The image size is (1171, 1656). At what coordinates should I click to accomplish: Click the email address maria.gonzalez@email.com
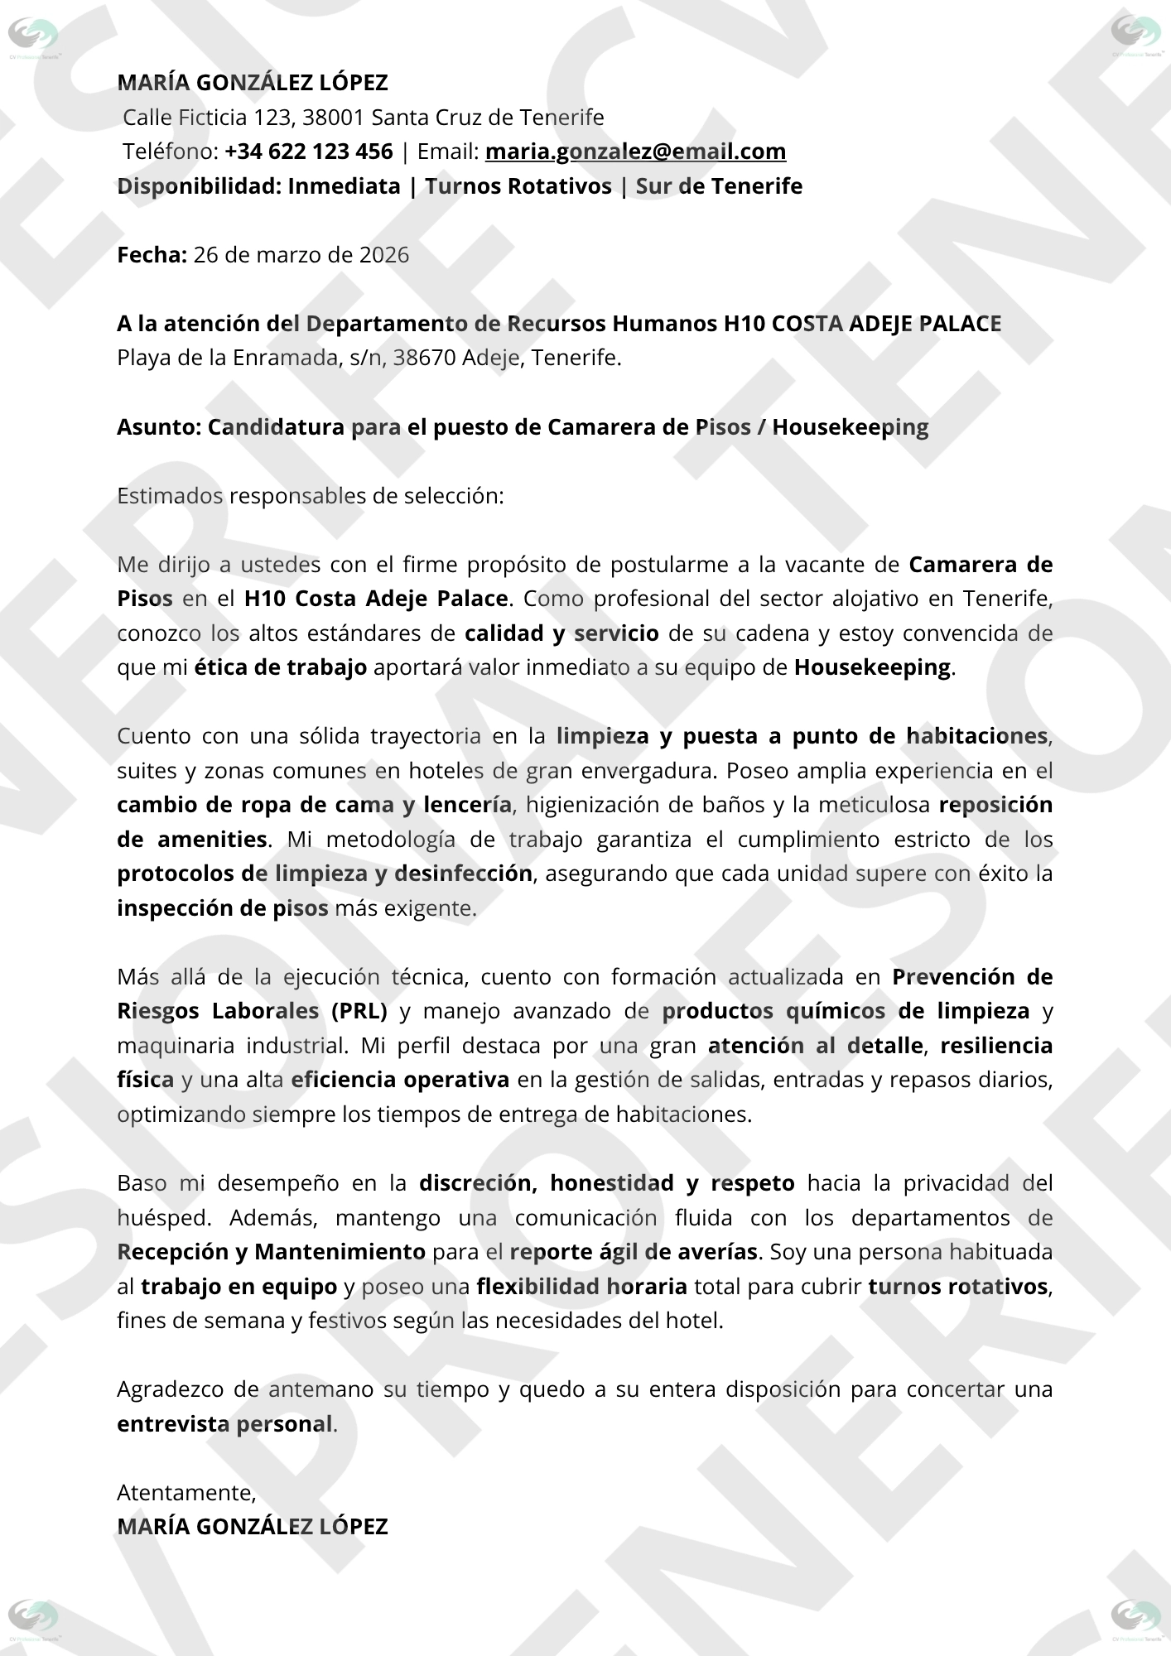pyautogui.click(x=635, y=152)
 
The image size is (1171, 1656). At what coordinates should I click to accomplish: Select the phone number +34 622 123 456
pyautogui.click(x=308, y=152)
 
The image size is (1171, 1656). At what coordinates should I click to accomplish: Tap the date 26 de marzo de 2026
pyautogui.click(x=301, y=254)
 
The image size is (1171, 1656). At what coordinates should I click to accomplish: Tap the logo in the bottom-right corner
pyautogui.click(x=1135, y=1619)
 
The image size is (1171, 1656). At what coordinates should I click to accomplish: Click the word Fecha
pyautogui.click(x=152, y=254)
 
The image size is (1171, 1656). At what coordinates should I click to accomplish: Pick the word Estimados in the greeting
pyautogui.click(x=170, y=496)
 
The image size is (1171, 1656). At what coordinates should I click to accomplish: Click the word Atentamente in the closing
pyautogui.click(x=186, y=1492)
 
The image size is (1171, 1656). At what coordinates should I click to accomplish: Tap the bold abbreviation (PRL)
pyautogui.click(x=359, y=1011)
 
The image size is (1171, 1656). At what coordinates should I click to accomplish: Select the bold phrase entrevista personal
pyautogui.click(x=224, y=1424)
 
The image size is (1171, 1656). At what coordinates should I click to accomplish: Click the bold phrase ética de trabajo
pyautogui.click(x=281, y=667)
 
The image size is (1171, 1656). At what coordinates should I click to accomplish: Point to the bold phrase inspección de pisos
pyautogui.click(x=223, y=908)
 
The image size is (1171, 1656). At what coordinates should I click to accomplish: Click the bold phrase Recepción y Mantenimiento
pyautogui.click(x=272, y=1252)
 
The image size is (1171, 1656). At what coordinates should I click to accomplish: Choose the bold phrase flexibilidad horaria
pyautogui.click(x=581, y=1287)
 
